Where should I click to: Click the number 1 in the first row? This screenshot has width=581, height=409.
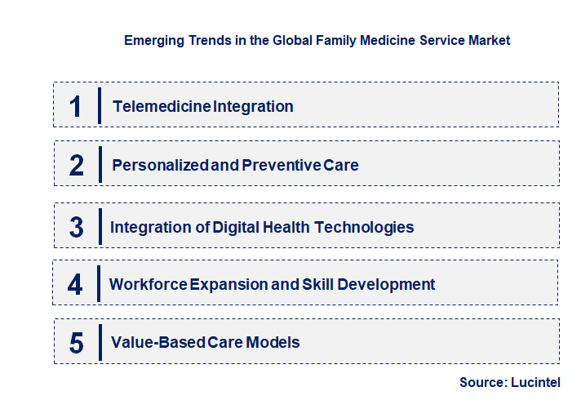click(x=76, y=106)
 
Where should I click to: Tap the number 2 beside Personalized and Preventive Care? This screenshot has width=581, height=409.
click(x=77, y=165)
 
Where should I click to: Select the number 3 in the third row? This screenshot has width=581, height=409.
click(x=77, y=227)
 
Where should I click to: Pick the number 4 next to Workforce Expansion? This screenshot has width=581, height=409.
click(x=76, y=285)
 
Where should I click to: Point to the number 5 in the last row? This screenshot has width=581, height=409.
click(x=77, y=343)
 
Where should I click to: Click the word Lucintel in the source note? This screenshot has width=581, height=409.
click(x=538, y=382)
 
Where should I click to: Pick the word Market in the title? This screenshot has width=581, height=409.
click(x=488, y=40)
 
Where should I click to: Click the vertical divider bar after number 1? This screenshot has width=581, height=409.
click(x=99, y=105)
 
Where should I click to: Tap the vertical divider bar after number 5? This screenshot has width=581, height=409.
click(x=99, y=342)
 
